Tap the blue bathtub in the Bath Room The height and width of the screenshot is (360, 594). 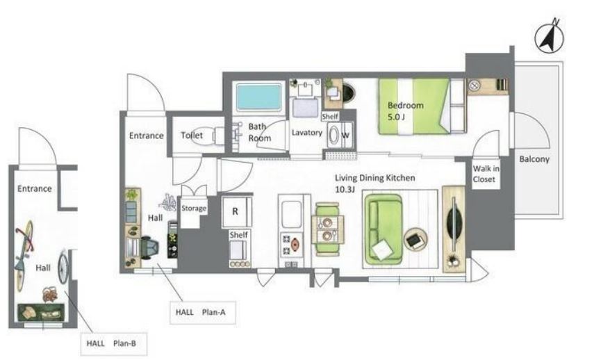coord(258,97)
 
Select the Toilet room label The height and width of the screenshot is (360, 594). coord(192,136)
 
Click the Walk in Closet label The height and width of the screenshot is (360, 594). coord(486,174)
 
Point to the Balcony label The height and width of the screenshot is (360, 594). coord(534,159)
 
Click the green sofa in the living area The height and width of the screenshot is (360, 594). coord(383,229)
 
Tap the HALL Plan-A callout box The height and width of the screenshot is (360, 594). coord(203,312)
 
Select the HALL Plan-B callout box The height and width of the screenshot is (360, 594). coord(114,344)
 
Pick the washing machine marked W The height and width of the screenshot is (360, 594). coord(340,135)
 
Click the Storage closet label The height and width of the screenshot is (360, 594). coord(194,208)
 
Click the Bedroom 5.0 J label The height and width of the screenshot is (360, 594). coord(405,111)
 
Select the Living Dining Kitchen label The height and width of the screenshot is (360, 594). coord(374,183)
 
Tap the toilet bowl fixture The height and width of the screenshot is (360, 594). coord(219,135)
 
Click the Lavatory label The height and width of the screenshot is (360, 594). coord(307,133)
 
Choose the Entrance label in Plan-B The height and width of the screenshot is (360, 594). coord(35,188)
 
